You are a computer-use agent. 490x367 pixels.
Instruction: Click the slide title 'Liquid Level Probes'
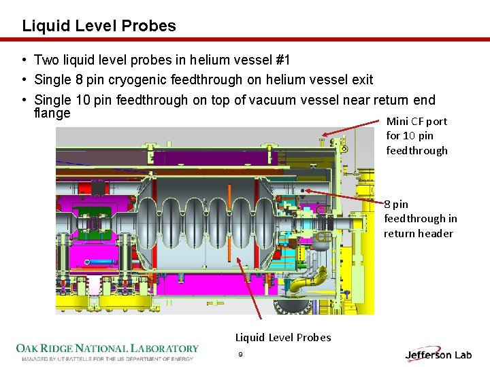[x=99, y=27]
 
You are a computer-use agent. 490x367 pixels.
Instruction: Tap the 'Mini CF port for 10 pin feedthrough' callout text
[x=416, y=136]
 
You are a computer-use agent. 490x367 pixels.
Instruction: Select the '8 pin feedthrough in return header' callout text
[x=419, y=218]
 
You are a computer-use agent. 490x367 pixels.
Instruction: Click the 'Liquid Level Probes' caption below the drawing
[x=283, y=337]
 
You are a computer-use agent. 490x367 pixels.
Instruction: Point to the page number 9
[x=240, y=355]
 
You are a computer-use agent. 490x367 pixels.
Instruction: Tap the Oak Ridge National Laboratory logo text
[x=108, y=349]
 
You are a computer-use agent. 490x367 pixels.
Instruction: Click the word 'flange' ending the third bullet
[x=52, y=113]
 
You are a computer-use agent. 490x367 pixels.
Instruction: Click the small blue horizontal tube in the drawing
[x=103, y=260]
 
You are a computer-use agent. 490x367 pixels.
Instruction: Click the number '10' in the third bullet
[x=82, y=101]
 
